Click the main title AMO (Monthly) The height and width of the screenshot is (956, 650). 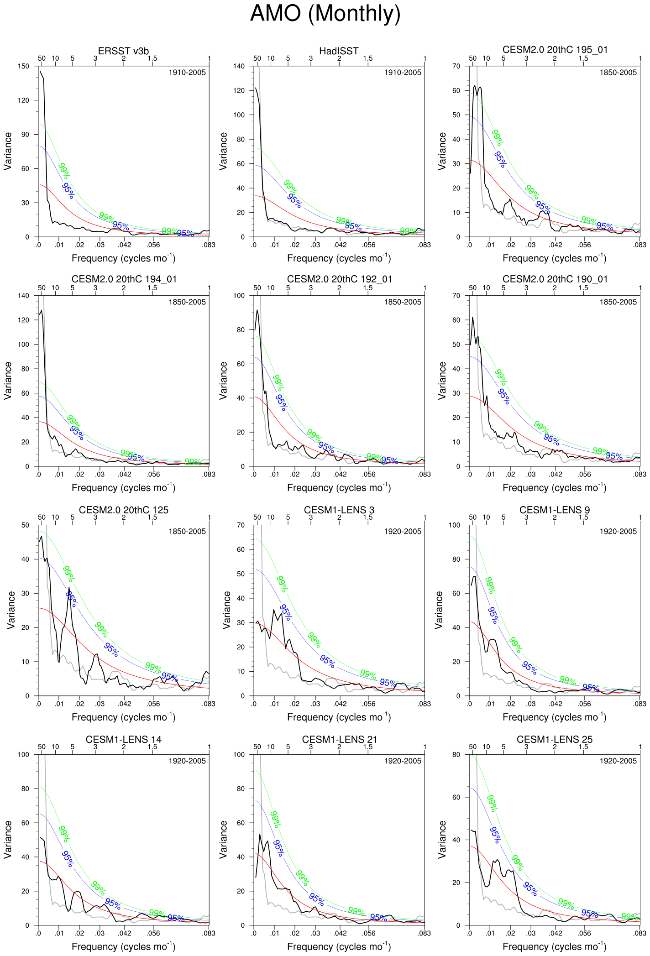325,14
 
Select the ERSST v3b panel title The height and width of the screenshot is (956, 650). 123,51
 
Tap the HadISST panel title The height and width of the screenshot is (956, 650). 339,51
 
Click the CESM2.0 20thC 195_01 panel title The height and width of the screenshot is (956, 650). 555,50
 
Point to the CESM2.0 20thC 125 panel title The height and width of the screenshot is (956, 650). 123,510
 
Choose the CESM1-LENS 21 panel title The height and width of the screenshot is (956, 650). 339,739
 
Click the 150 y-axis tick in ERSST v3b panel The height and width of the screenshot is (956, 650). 24,66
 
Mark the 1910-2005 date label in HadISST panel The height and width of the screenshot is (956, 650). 402,73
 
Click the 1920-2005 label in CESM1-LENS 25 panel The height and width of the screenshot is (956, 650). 618,761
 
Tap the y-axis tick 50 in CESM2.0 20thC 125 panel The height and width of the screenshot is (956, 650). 26,525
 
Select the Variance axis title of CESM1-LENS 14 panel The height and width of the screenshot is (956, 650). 8,840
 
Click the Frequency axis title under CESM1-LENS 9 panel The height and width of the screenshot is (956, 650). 554,717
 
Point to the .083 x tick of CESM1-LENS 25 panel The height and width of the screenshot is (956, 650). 640,933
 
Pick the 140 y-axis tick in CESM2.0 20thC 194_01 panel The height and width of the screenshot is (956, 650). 24,296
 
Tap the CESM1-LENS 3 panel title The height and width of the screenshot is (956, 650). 339,510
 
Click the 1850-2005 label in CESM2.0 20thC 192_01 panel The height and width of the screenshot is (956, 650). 402,302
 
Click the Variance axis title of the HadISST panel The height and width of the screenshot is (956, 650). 223,151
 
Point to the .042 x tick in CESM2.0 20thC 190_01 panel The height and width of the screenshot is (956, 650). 556,475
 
